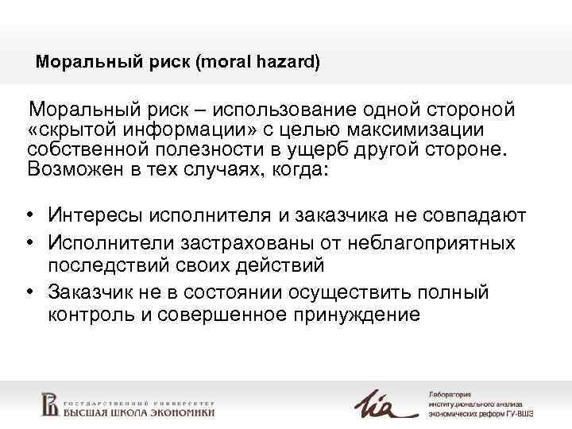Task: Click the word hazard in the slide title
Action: tap(287, 61)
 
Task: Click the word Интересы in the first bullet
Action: tap(93, 214)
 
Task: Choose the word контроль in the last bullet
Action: tap(91, 314)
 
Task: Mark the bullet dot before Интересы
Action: tap(30, 215)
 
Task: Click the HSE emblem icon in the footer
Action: tap(49, 403)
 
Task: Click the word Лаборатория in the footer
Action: tap(450, 394)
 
